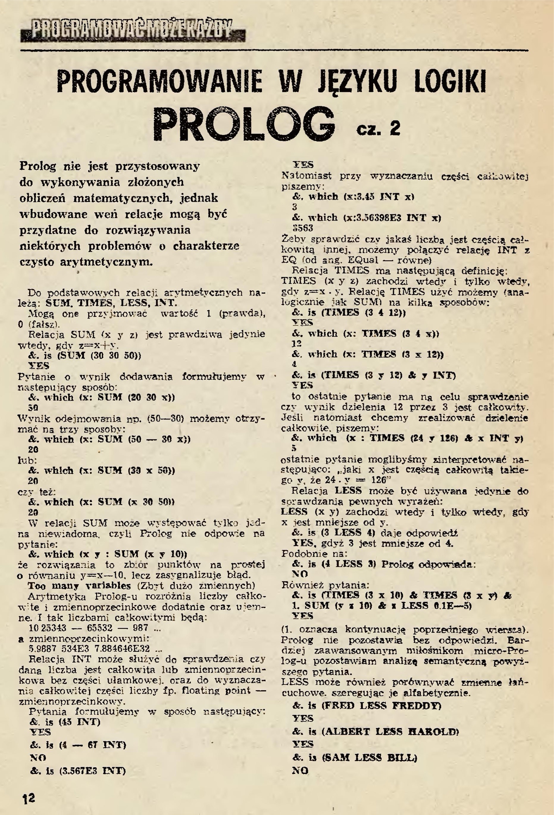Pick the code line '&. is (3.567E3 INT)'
pos(78,771)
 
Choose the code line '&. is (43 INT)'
pos(65,721)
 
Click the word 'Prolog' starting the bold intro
pos(38,166)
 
